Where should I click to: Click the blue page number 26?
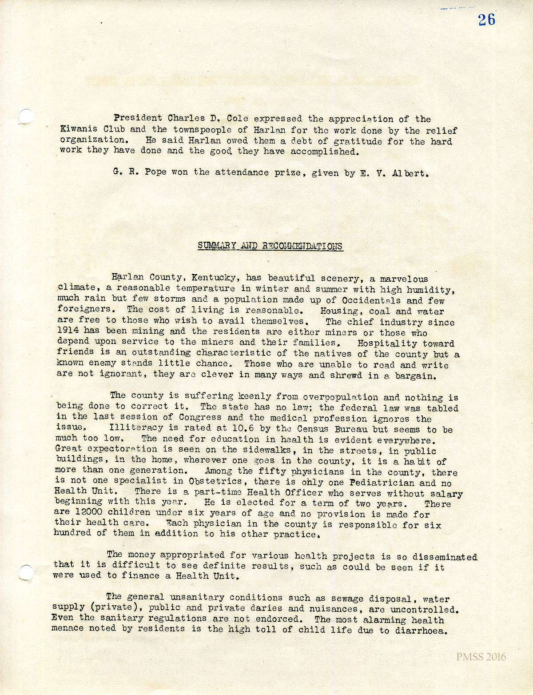(x=486, y=20)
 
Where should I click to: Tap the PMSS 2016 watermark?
(x=481, y=657)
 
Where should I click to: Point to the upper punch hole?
(x=26, y=116)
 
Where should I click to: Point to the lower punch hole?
(x=26, y=572)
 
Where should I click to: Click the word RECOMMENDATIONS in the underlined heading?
(x=302, y=246)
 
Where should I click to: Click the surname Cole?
(x=237, y=119)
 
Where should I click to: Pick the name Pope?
(x=155, y=172)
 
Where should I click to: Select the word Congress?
(x=200, y=417)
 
